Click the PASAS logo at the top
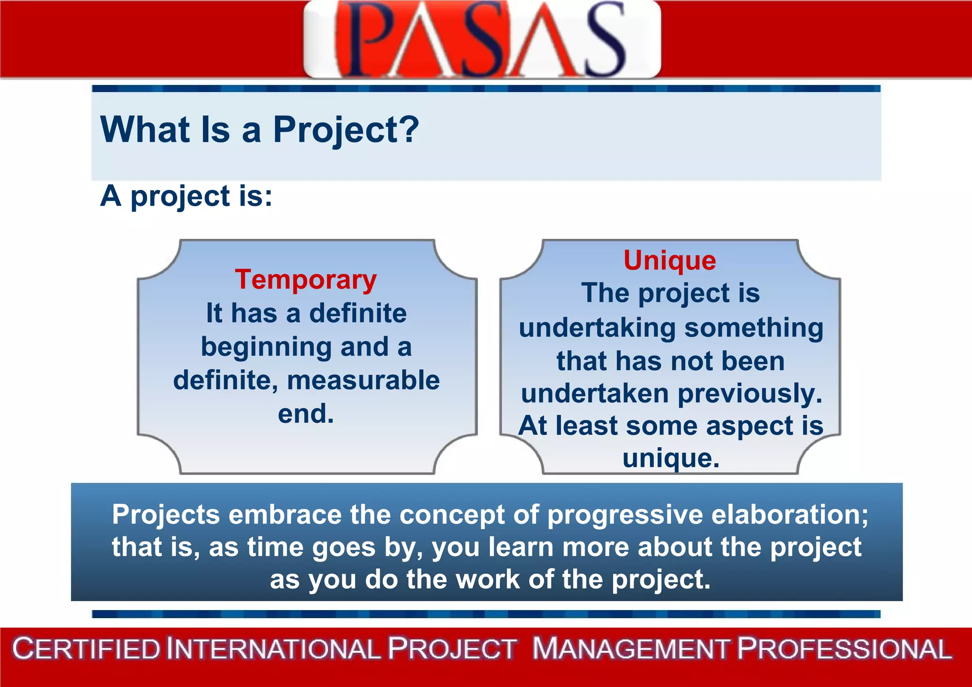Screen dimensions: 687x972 pyautogui.click(x=482, y=39)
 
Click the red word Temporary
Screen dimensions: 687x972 pyautogui.click(x=306, y=280)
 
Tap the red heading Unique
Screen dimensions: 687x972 pyautogui.click(x=670, y=260)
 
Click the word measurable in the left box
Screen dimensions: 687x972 pyautogui.click(x=364, y=380)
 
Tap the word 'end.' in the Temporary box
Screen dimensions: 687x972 pyautogui.click(x=306, y=414)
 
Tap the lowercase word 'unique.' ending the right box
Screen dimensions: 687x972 pyautogui.click(x=671, y=459)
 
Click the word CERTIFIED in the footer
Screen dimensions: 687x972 pyautogui.click(x=87, y=649)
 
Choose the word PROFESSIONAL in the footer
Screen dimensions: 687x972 pyautogui.click(x=845, y=649)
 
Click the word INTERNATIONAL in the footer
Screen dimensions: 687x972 pyautogui.click(x=274, y=649)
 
